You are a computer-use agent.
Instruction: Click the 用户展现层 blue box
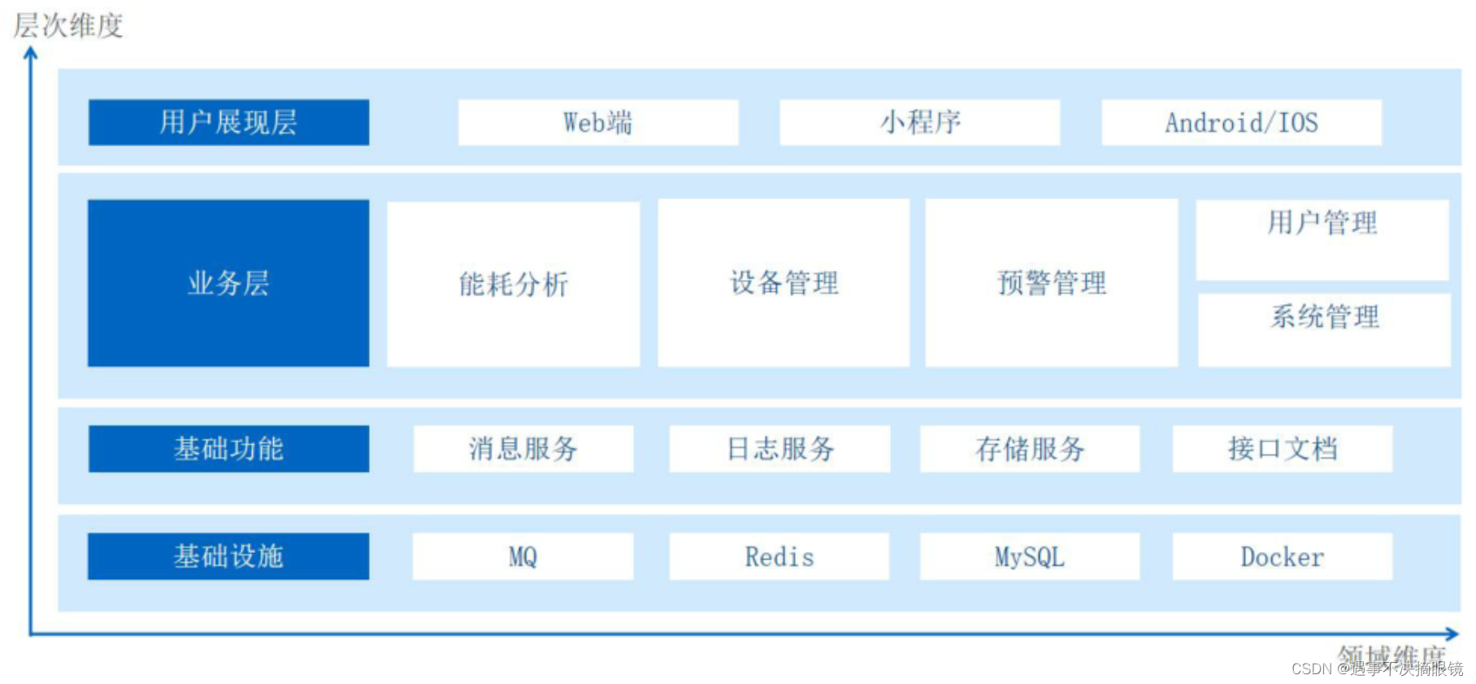coord(228,123)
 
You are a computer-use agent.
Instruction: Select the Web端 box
coord(597,123)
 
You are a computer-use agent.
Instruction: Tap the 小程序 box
coord(919,123)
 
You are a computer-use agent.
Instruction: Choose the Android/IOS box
coord(1241,123)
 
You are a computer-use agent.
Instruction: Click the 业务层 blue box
coord(228,283)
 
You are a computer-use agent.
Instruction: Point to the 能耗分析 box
coord(513,284)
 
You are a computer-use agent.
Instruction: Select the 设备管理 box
coord(784,283)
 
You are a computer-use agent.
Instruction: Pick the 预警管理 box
coord(1051,283)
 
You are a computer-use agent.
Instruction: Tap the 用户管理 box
coord(1322,239)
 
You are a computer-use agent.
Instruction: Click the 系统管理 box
coord(1324,329)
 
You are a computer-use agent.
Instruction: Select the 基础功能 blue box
coord(228,449)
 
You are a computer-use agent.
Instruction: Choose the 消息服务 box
coord(523,449)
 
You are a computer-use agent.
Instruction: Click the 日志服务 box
coord(779,449)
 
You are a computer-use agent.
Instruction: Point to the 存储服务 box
coord(1029,449)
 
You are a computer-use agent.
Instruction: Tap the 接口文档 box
coord(1282,449)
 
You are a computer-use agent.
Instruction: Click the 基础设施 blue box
coord(228,556)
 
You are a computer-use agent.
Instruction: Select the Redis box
coord(779,556)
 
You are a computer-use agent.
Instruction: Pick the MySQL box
coord(1029,556)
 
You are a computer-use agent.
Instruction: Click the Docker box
coord(1282,556)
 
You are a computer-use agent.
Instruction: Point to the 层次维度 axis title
coord(68,25)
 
